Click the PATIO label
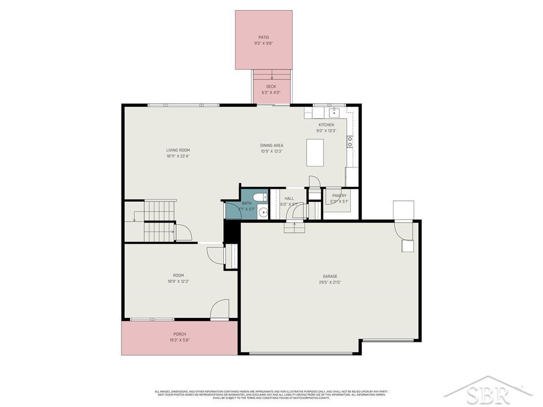point(264,37)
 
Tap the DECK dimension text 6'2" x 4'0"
point(271,92)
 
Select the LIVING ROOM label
point(178,150)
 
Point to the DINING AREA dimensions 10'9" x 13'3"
point(271,151)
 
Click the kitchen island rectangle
point(315,152)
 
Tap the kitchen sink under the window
point(334,112)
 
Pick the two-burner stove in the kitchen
point(350,141)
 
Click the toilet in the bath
point(260,198)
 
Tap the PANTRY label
point(339,196)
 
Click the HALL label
point(289,199)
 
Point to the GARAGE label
point(330,276)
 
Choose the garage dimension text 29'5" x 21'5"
point(330,282)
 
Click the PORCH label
point(179,334)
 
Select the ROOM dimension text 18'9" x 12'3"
point(178,281)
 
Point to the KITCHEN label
point(326,125)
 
